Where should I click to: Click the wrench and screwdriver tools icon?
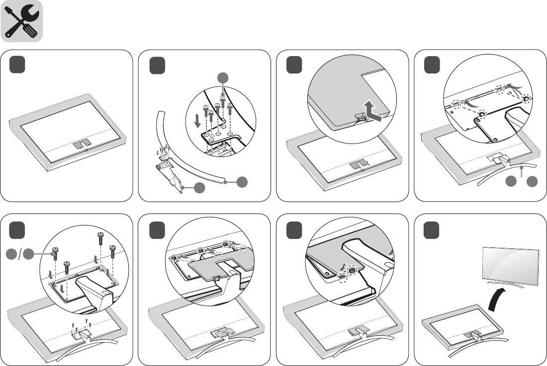click(x=22, y=21)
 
